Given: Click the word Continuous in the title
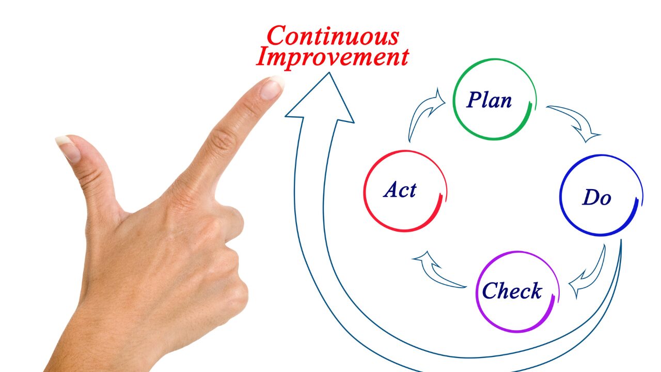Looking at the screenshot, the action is [x=333, y=36].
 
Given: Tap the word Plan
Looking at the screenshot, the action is [x=489, y=100].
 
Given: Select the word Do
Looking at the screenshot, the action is [x=596, y=197].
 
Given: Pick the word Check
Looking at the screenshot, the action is [x=512, y=290].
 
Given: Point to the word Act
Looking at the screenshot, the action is [x=400, y=190].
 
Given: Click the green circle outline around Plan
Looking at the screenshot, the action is [x=453, y=99].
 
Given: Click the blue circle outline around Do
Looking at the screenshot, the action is [x=560, y=195].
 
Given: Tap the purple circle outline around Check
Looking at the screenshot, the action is [x=476, y=292].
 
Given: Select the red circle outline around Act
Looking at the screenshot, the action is [x=364, y=191].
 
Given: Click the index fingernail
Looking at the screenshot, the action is [x=272, y=88].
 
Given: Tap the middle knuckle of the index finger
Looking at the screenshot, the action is [x=223, y=139].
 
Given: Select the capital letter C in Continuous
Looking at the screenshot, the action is [x=277, y=36].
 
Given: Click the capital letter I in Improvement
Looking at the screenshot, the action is [x=262, y=57].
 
